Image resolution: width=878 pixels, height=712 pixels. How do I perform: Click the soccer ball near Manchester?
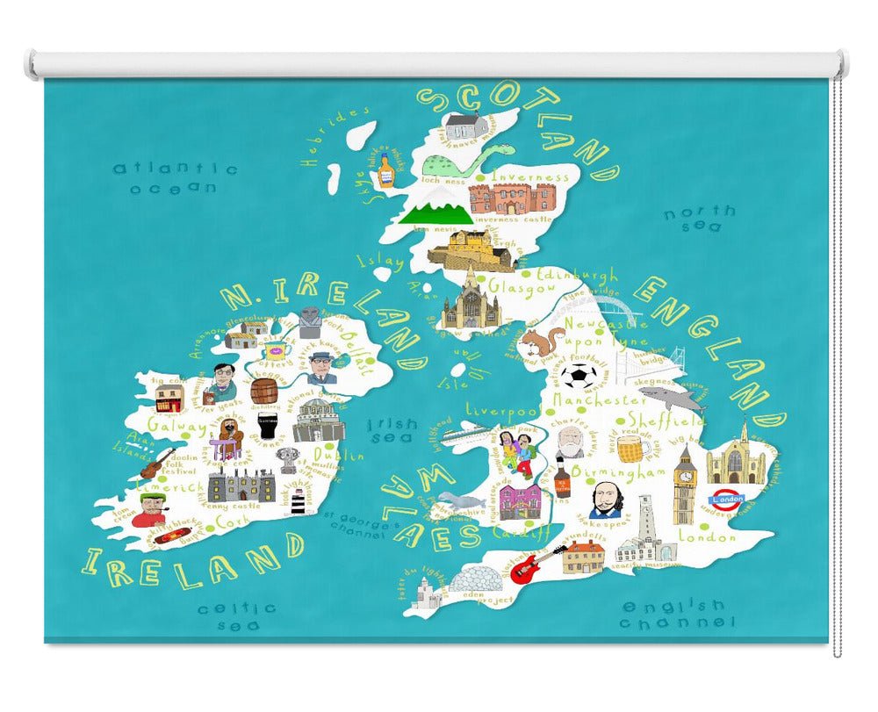coord(579,377)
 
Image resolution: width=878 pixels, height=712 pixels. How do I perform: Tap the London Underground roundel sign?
coord(727,500)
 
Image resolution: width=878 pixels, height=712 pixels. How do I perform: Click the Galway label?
coord(176,427)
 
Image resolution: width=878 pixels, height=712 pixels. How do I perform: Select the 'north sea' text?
coord(700,219)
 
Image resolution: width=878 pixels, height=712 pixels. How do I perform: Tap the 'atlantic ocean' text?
coord(175,177)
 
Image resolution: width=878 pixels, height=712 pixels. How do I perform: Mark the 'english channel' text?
coord(674,614)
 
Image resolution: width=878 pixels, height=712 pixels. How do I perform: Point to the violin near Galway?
coord(158,463)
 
